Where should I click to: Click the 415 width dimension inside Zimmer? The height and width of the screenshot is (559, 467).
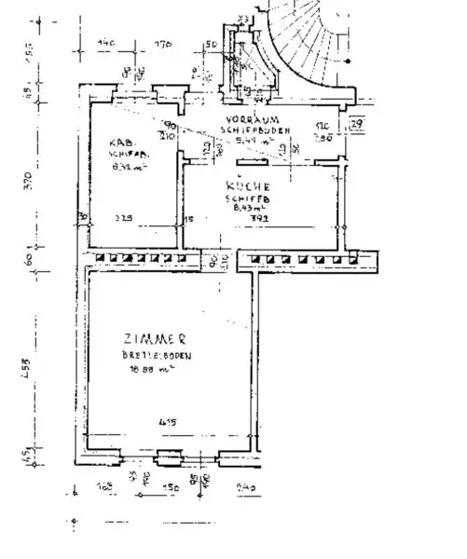coord(168,423)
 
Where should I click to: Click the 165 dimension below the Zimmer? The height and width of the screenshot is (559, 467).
coord(104,486)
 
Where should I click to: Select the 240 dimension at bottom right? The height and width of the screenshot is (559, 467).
coord(245,486)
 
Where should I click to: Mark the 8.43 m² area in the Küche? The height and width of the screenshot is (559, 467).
coord(246,209)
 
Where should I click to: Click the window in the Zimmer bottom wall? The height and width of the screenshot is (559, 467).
coord(170,457)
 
